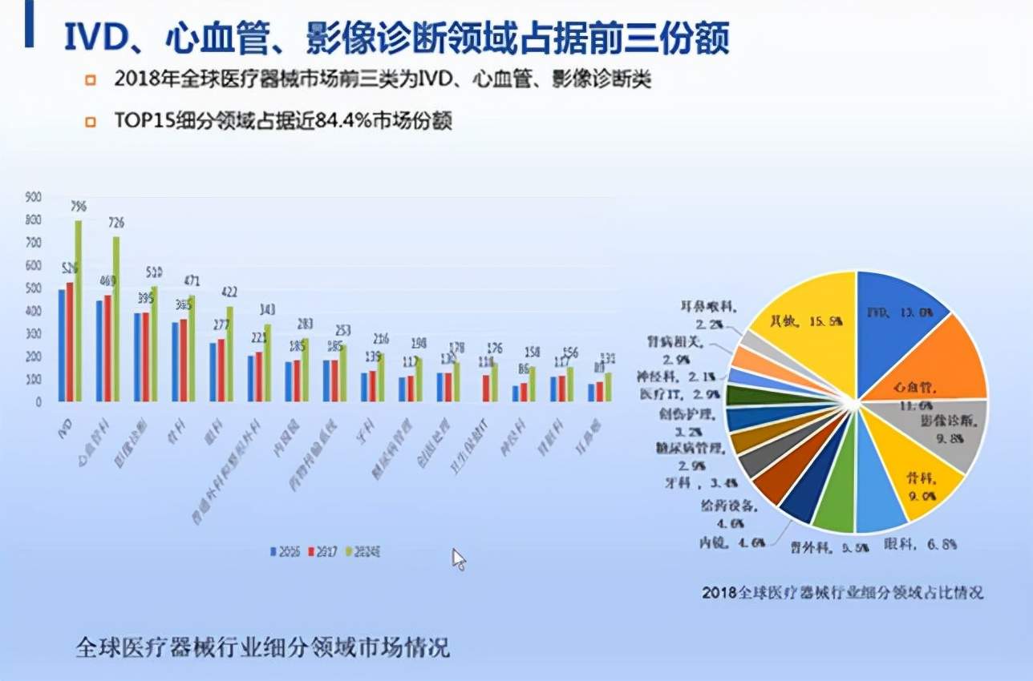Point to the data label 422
[x=229, y=292]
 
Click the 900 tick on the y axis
[x=33, y=196]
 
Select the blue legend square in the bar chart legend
[x=273, y=552]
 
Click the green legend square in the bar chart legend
[x=346, y=552]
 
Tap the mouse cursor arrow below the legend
[x=459, y=559]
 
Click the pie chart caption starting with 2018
[x=842, y=593]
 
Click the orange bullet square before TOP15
[x=91, y=122]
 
